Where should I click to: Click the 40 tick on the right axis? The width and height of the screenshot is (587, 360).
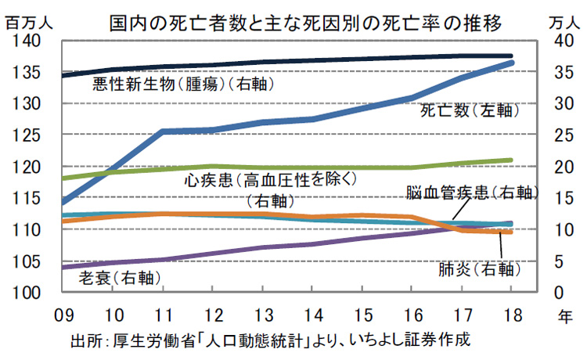point(553,41)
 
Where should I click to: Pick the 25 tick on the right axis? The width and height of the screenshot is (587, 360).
point(553,135)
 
